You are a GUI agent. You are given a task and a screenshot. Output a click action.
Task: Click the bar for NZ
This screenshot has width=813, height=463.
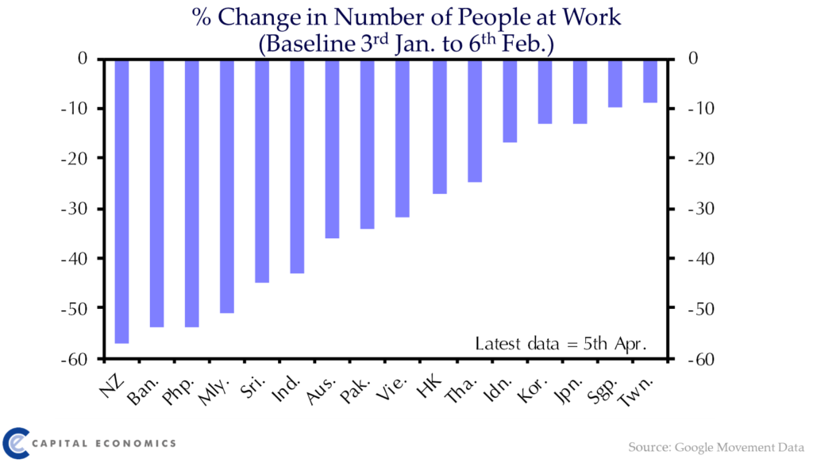click(x=121, y=201)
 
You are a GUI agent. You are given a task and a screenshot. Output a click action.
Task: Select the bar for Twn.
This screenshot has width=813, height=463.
click(x=650, y=81)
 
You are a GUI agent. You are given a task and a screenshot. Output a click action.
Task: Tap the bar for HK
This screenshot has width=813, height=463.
click(x=440, y=126)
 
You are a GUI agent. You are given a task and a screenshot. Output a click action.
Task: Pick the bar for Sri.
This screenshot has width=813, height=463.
click(x=262, y=171)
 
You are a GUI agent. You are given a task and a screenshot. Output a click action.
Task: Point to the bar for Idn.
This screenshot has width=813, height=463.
click(x=510, y=101)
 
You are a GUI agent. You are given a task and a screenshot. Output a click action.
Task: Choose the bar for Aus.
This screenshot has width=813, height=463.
click(x=333, y=149)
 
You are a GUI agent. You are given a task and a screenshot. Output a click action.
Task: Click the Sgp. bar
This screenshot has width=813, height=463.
click(x=615, y=83)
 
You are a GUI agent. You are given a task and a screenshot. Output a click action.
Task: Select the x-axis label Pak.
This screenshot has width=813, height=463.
click(x=355, y=390)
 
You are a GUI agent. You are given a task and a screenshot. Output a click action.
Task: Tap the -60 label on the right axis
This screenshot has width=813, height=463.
click(x=701, y=359)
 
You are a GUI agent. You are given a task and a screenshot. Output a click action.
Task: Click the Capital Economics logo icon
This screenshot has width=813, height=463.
click(x=16, y=443)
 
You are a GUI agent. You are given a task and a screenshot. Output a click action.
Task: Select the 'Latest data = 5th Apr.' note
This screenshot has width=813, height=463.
click(x=561, y=344)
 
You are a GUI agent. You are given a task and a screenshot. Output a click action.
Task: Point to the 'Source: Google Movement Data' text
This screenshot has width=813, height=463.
click(x=716, y=447)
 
